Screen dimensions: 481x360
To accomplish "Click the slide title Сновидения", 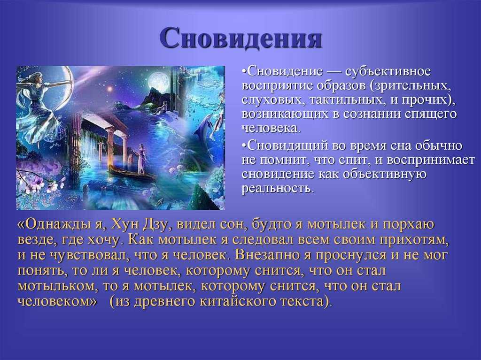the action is pos(241,38).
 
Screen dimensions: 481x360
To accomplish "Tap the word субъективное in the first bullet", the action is pos(388,71).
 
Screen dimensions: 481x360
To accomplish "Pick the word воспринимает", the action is pos(431,160).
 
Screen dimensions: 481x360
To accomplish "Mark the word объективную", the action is pos(384,174).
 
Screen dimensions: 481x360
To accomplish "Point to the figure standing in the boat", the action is pos(141,158).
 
